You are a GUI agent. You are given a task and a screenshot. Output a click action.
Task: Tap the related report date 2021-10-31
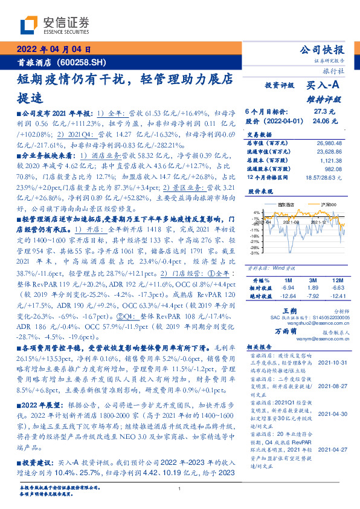click(332, 362)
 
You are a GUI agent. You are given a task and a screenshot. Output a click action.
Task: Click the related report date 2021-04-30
click(332, 413)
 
